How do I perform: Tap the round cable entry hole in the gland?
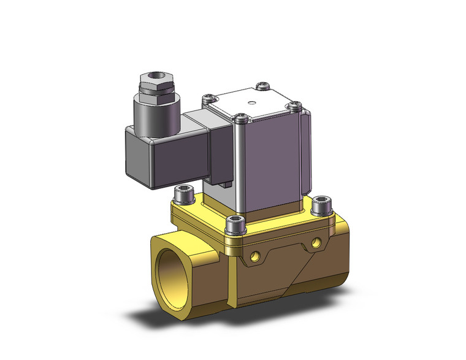(x=153, y=77)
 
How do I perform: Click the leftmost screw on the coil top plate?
(x=208, y=97)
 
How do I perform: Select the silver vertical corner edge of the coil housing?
(x=240, y=172)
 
